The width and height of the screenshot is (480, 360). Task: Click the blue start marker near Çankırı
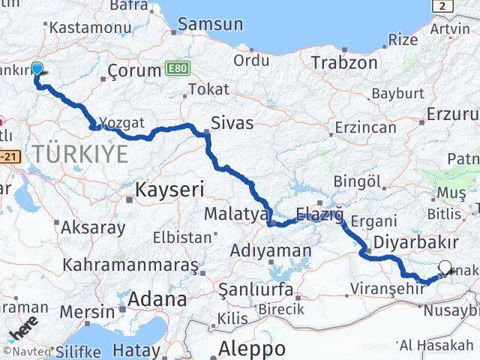[36, 69]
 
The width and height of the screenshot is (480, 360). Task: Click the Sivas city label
[232, 122]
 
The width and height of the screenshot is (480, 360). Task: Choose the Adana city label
[157, 298]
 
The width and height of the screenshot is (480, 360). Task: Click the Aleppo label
[252, 348]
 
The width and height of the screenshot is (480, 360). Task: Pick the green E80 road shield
[178, 69]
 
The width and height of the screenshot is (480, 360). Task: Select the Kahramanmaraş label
[130, 265]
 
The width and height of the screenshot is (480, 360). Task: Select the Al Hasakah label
[436, 345]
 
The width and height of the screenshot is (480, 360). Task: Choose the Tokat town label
[208, 89]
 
